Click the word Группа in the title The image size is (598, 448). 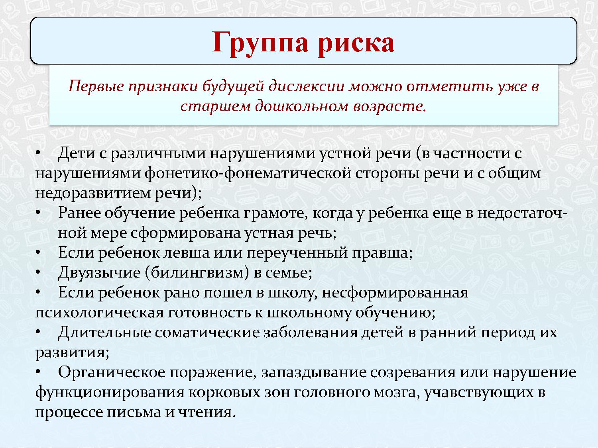tap(260, 42)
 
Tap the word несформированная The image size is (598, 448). tap(395, 293)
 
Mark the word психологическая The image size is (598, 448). tap(99, 313)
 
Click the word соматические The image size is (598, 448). tap(208, 333)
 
